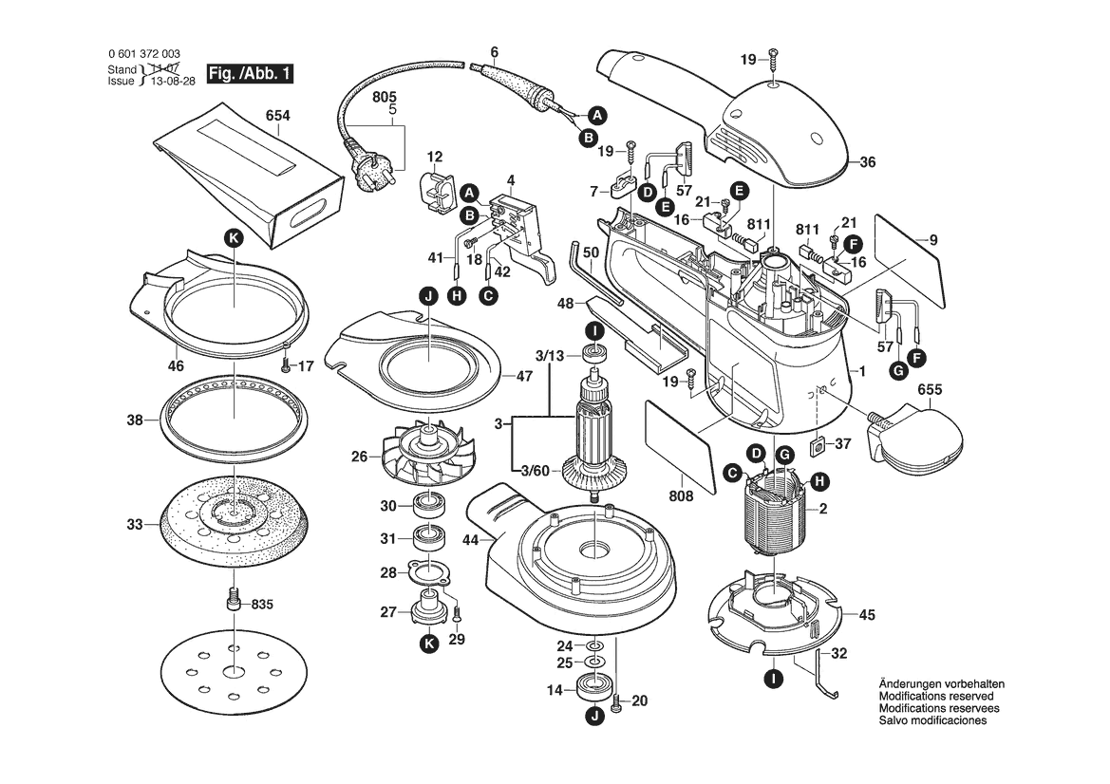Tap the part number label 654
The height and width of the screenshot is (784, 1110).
277,116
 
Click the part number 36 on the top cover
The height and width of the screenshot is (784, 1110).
867,161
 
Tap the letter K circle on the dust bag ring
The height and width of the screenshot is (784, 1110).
234,239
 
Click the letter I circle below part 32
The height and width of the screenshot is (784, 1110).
773,679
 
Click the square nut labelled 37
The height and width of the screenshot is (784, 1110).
816,445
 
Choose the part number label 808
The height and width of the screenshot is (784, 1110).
682,495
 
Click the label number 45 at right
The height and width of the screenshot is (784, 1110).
866,614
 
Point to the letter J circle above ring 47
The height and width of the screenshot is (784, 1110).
428,297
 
